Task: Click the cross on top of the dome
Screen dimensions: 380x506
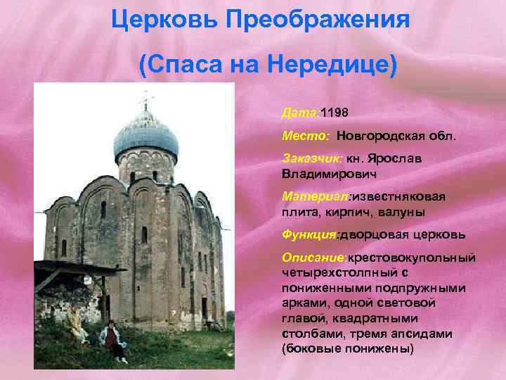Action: click(146, 101)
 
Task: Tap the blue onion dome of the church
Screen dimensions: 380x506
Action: click(145, 134)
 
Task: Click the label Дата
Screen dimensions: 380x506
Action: click(299, 113)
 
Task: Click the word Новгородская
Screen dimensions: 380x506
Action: click(383, 135)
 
